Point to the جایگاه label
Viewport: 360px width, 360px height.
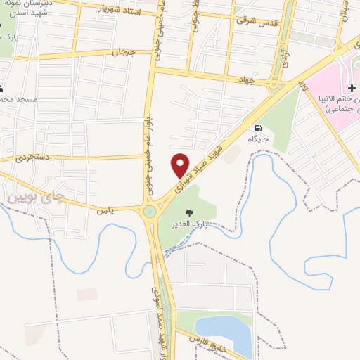pos(259,140)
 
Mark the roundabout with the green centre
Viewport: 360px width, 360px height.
pos(150,212)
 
